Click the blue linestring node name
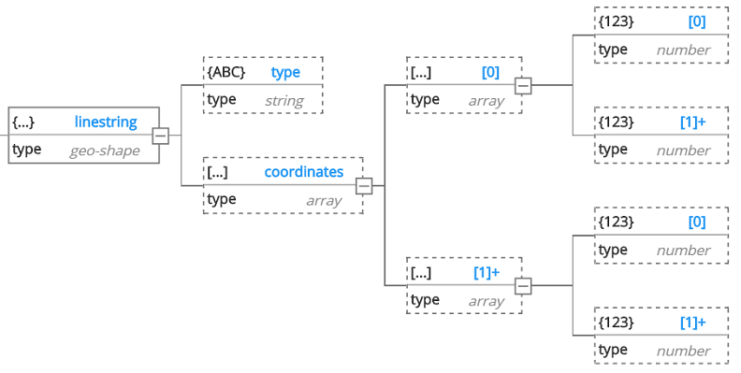[106, 122]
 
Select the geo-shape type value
[104, 150]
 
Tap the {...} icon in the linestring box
[23, 122]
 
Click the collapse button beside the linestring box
[161, 136]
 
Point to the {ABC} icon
[226, 72]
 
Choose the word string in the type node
[284, 100]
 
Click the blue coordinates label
[303, 172]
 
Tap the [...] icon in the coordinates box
[218, 172]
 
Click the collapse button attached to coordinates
[364, 186]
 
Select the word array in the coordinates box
[324, 200]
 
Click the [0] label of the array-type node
[490, 72]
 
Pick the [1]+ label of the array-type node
[486, 272]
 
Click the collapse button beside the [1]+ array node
[523, 286]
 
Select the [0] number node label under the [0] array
[696, 22]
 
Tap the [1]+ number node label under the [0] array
[692, 122]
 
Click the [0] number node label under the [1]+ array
[696, 222]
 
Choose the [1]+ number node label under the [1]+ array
[692, 323]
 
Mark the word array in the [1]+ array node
[487, 301]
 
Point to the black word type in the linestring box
[27, 150]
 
